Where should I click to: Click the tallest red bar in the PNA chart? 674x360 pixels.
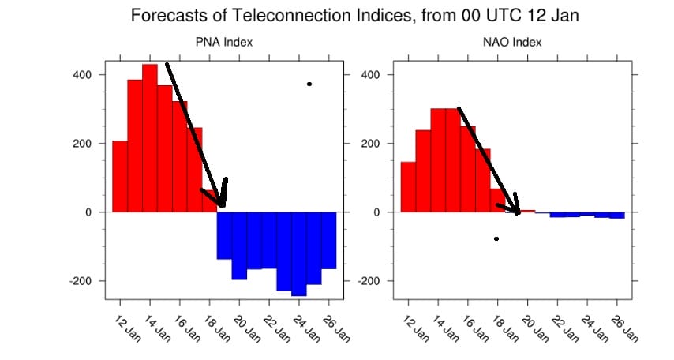tap(150, 138)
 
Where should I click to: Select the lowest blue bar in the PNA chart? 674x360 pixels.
tap(299, 253)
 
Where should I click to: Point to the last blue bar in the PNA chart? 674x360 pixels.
tap(329, 240)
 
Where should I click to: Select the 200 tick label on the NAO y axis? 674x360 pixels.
tap(370, 144)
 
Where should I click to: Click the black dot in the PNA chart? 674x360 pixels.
tap(309, 84)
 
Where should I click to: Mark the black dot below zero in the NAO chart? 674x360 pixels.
tap(496, 238)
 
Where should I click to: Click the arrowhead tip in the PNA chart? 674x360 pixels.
tap(223, 206)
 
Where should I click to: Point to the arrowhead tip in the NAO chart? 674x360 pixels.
tap(518, 212)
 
